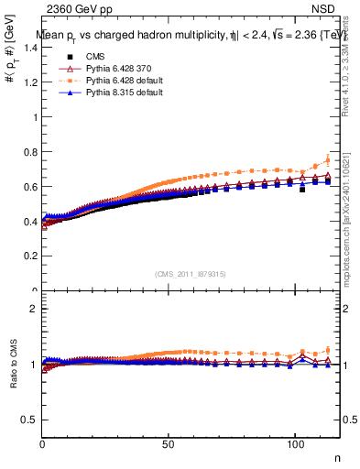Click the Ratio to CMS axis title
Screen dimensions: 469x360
(13, 365)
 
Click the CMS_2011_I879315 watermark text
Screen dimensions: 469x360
(191, 273)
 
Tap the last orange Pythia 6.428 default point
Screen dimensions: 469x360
(327, 160)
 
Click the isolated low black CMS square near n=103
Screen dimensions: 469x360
(302, 190)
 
